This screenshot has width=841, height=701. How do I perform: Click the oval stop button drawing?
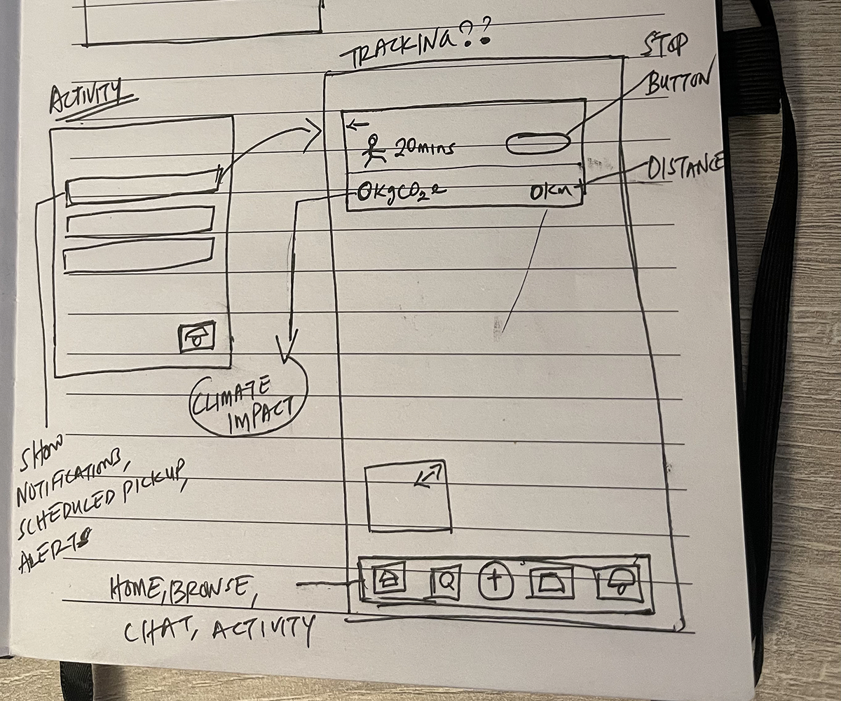(538, 143)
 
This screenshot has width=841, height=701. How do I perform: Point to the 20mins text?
(425, 147)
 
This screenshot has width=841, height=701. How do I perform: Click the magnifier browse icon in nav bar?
(445, 581)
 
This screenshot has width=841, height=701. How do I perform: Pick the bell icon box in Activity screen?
(196, 337)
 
